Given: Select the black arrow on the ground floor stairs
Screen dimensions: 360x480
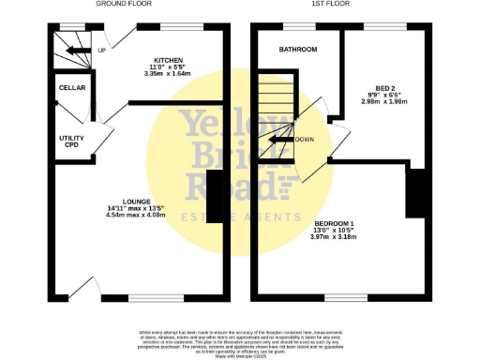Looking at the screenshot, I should click(75, 50).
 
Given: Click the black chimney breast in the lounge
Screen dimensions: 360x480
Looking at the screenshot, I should click(213, 198).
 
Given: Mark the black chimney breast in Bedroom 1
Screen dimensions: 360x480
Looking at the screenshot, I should click(423, 190).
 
